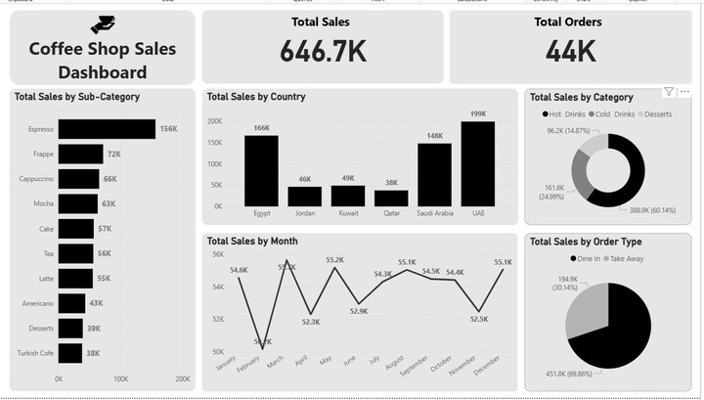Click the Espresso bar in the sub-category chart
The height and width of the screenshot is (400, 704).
107,129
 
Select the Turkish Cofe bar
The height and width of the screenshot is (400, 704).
70,353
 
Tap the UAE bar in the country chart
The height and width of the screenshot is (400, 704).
478,163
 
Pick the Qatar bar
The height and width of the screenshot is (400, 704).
391,198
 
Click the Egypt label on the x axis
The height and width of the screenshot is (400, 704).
261,212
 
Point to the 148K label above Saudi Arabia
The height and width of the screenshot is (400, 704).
435,136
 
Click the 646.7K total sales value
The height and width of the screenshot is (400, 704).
323,52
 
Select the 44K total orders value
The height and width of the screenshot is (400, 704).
571,52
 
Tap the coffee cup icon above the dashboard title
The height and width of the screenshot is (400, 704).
103,24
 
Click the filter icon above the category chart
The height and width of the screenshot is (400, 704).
669,92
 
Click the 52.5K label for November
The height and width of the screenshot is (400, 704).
478,318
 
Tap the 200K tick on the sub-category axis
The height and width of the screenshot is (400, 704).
182,378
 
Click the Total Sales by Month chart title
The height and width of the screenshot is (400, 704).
252,241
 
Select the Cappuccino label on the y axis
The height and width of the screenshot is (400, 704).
37,179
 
